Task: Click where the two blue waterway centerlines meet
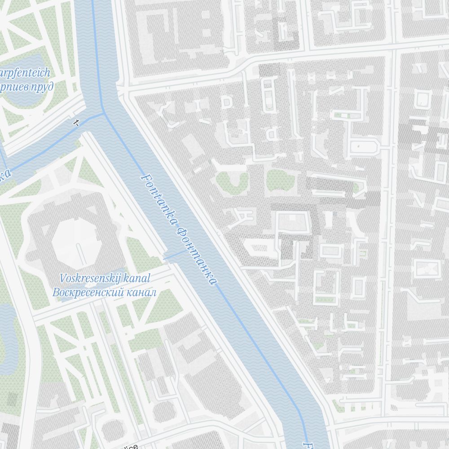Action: click(x=104, y=113)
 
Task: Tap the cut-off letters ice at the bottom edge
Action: click(x=131, y=446)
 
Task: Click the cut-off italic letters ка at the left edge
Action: click(x=4, y=175)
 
